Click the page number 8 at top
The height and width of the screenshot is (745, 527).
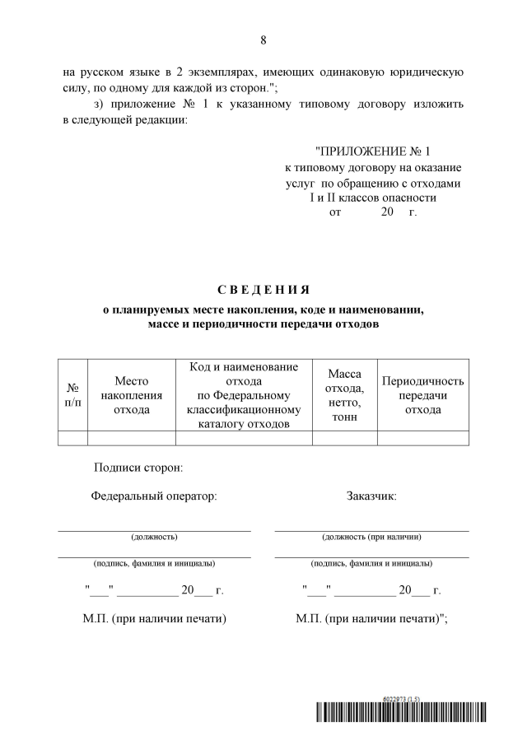tap(263, 40)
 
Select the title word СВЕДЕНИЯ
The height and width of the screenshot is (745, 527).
tap(263, 289)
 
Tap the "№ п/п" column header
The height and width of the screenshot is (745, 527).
tap(72, 395)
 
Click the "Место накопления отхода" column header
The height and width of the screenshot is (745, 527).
tap(131, 395)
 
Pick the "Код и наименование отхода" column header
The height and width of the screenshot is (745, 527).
tap(244, 395)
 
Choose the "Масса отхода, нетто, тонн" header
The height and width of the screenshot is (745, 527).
tap(344, 395)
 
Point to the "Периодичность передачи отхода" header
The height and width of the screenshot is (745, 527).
tap(423, 395)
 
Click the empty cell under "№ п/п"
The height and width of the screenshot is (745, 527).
tap(72, 438)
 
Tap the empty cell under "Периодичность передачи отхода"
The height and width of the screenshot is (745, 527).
tap(423, 438)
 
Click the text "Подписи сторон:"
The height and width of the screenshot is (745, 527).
tap(138, 468)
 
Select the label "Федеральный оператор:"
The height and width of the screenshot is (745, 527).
tap(154, 496)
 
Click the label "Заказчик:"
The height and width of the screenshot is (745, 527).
tap(372, 496)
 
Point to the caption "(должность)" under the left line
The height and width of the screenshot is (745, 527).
tap(154, 538)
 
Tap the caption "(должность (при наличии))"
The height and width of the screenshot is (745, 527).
tap(372, 538)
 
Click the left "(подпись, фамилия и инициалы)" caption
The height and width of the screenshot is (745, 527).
tap(154, 565)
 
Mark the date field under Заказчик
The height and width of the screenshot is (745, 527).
tap(372, 590)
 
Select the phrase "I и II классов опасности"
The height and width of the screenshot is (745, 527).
tap(373, 198)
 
